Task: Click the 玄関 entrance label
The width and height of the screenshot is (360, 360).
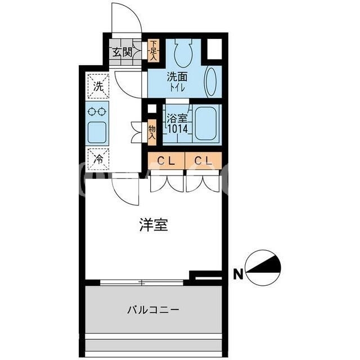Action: click(122, 52)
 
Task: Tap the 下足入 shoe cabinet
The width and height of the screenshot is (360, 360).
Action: click(153, 51)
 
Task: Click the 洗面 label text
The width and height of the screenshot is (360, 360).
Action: click(177, 77)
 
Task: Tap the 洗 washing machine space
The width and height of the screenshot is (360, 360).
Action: click(98, 86)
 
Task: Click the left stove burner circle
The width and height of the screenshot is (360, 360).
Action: click(92, 112)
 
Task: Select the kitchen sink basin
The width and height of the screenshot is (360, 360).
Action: click(97, 132)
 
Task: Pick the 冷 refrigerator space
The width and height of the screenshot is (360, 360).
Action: click(98, 159)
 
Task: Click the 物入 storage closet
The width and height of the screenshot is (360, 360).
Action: click(152, 133)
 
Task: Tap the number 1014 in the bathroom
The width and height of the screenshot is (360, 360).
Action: click(178, 129)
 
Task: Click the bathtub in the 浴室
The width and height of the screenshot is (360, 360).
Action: click(206, 123)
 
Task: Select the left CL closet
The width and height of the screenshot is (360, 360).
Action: click(166, 160)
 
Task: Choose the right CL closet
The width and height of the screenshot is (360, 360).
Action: click(204, 160)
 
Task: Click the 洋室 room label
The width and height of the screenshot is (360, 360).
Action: click(154, 225)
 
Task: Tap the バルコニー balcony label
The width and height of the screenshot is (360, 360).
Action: click(153, 310)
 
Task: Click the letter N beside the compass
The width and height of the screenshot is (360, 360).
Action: click(238, 274)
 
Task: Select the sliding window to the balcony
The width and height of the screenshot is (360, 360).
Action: click(142, 282)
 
